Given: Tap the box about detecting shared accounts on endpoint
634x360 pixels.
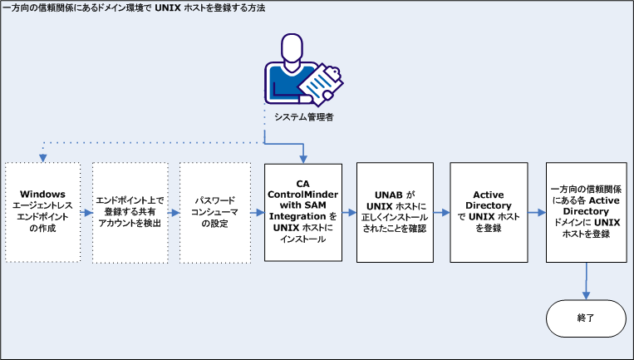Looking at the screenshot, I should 130,210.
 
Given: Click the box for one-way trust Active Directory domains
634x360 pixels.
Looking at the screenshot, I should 587,210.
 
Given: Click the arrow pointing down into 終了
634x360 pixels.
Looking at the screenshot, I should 587,283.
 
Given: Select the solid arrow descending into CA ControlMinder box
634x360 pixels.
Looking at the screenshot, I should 303,154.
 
